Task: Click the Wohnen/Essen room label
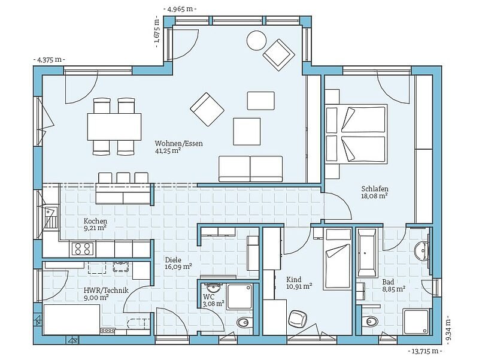[178, 143]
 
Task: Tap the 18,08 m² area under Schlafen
[375, 196]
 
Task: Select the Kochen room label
[95, 221]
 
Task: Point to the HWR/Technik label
[106, 291]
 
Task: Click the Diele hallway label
[173, 260]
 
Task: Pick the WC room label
[208, 297]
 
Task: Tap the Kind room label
[294, 279]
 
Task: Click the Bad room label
[388, 282]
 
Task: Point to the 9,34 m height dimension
[448, 329]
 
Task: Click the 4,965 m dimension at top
[180, 9]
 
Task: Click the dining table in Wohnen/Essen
[114, 126]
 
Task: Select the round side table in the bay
[257, 40]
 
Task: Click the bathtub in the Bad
[366, 252]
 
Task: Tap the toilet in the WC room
[244, 322]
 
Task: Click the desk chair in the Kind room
[298, 320]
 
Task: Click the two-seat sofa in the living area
[250, 169]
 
